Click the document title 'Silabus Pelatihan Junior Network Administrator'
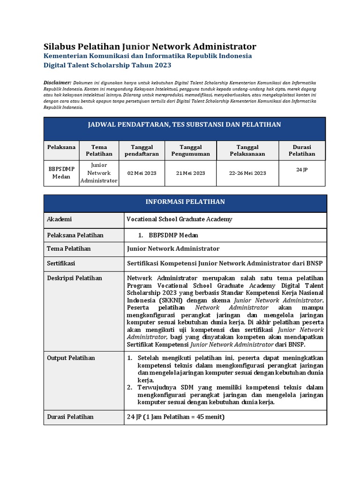click(x=150, y=46)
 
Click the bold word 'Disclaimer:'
click(x=57, y=82)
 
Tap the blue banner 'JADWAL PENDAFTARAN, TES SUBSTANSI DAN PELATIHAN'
click(x=185, y=124)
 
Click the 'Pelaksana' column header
click(x=61, y=147)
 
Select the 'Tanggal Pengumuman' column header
click(x=190, y=150)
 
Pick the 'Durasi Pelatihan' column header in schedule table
click(x=302, y=150)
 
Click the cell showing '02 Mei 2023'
click(x=142, y=173)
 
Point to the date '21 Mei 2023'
click(x=190, y=173)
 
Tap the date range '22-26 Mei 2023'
click(x=247, y=173)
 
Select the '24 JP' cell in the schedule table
click(x=302, y=170)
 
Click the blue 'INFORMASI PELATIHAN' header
click(x=185, y=202)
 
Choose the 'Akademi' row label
click(x=60, y=219)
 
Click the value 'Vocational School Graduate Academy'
click(x=180, y=219)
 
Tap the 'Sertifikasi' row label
click(x=61, y=263)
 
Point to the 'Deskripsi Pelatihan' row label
click(x=75, y=278)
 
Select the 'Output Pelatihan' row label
click(x=71, y=358)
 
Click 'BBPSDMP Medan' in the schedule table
click(x=61, y=173)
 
